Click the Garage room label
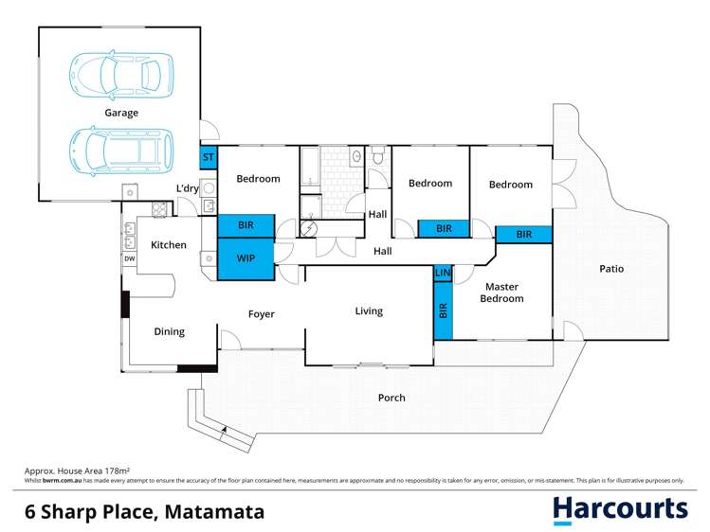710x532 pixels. [121, 113]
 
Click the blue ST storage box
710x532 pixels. [208, 157]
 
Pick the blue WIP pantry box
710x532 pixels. [246, 258]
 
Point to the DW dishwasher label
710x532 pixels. [129, 257]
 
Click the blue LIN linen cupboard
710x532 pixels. [442, 273]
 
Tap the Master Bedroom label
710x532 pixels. [501, 292]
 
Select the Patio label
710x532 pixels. [611, 269]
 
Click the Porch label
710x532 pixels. [391, 398]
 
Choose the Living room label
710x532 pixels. [369, 310]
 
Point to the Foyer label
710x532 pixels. [261, 314]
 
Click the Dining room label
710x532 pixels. [170, 331]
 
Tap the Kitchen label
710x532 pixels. [169, 245]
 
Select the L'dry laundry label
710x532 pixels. [187, 188]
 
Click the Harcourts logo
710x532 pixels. [620, 509]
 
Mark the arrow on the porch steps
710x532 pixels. [224, 431]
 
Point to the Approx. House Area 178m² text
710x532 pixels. [77, 470]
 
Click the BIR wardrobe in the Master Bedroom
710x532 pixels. [443, 310]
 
